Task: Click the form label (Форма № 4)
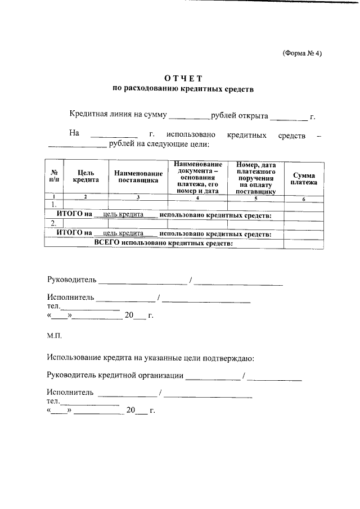click(x=301, y=54)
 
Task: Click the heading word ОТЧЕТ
click(x=183, y=78)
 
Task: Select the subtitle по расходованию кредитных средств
click(x=183, y=89)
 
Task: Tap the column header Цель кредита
click(x=85, y=177)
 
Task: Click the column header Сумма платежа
click(x=304, y=179)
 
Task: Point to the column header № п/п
click(x=55, y=177)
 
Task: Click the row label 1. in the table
click(x=54, y=205)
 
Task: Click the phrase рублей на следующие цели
click(x=159, y=145)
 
